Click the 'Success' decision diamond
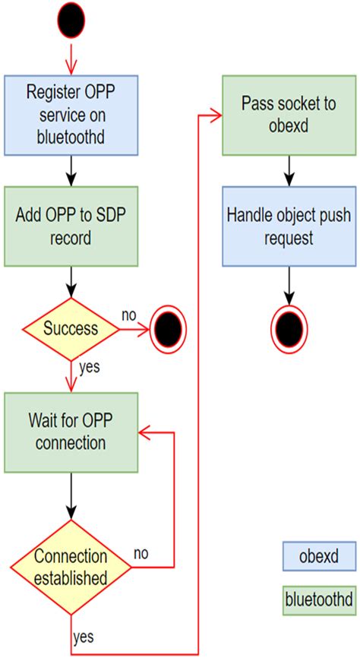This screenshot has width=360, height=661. click(x=70, y=329)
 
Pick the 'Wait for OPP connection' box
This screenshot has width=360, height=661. click(x=71, y=432)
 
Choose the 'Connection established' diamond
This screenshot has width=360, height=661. click(x=70, y=567)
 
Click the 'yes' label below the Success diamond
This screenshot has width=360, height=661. click(x=89, y=368)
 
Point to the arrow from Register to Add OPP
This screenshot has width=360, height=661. click(x=71, y=170)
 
